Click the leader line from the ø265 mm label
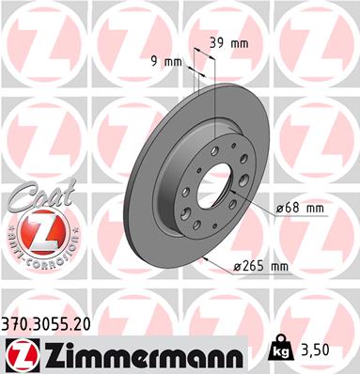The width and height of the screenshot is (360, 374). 221,260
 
